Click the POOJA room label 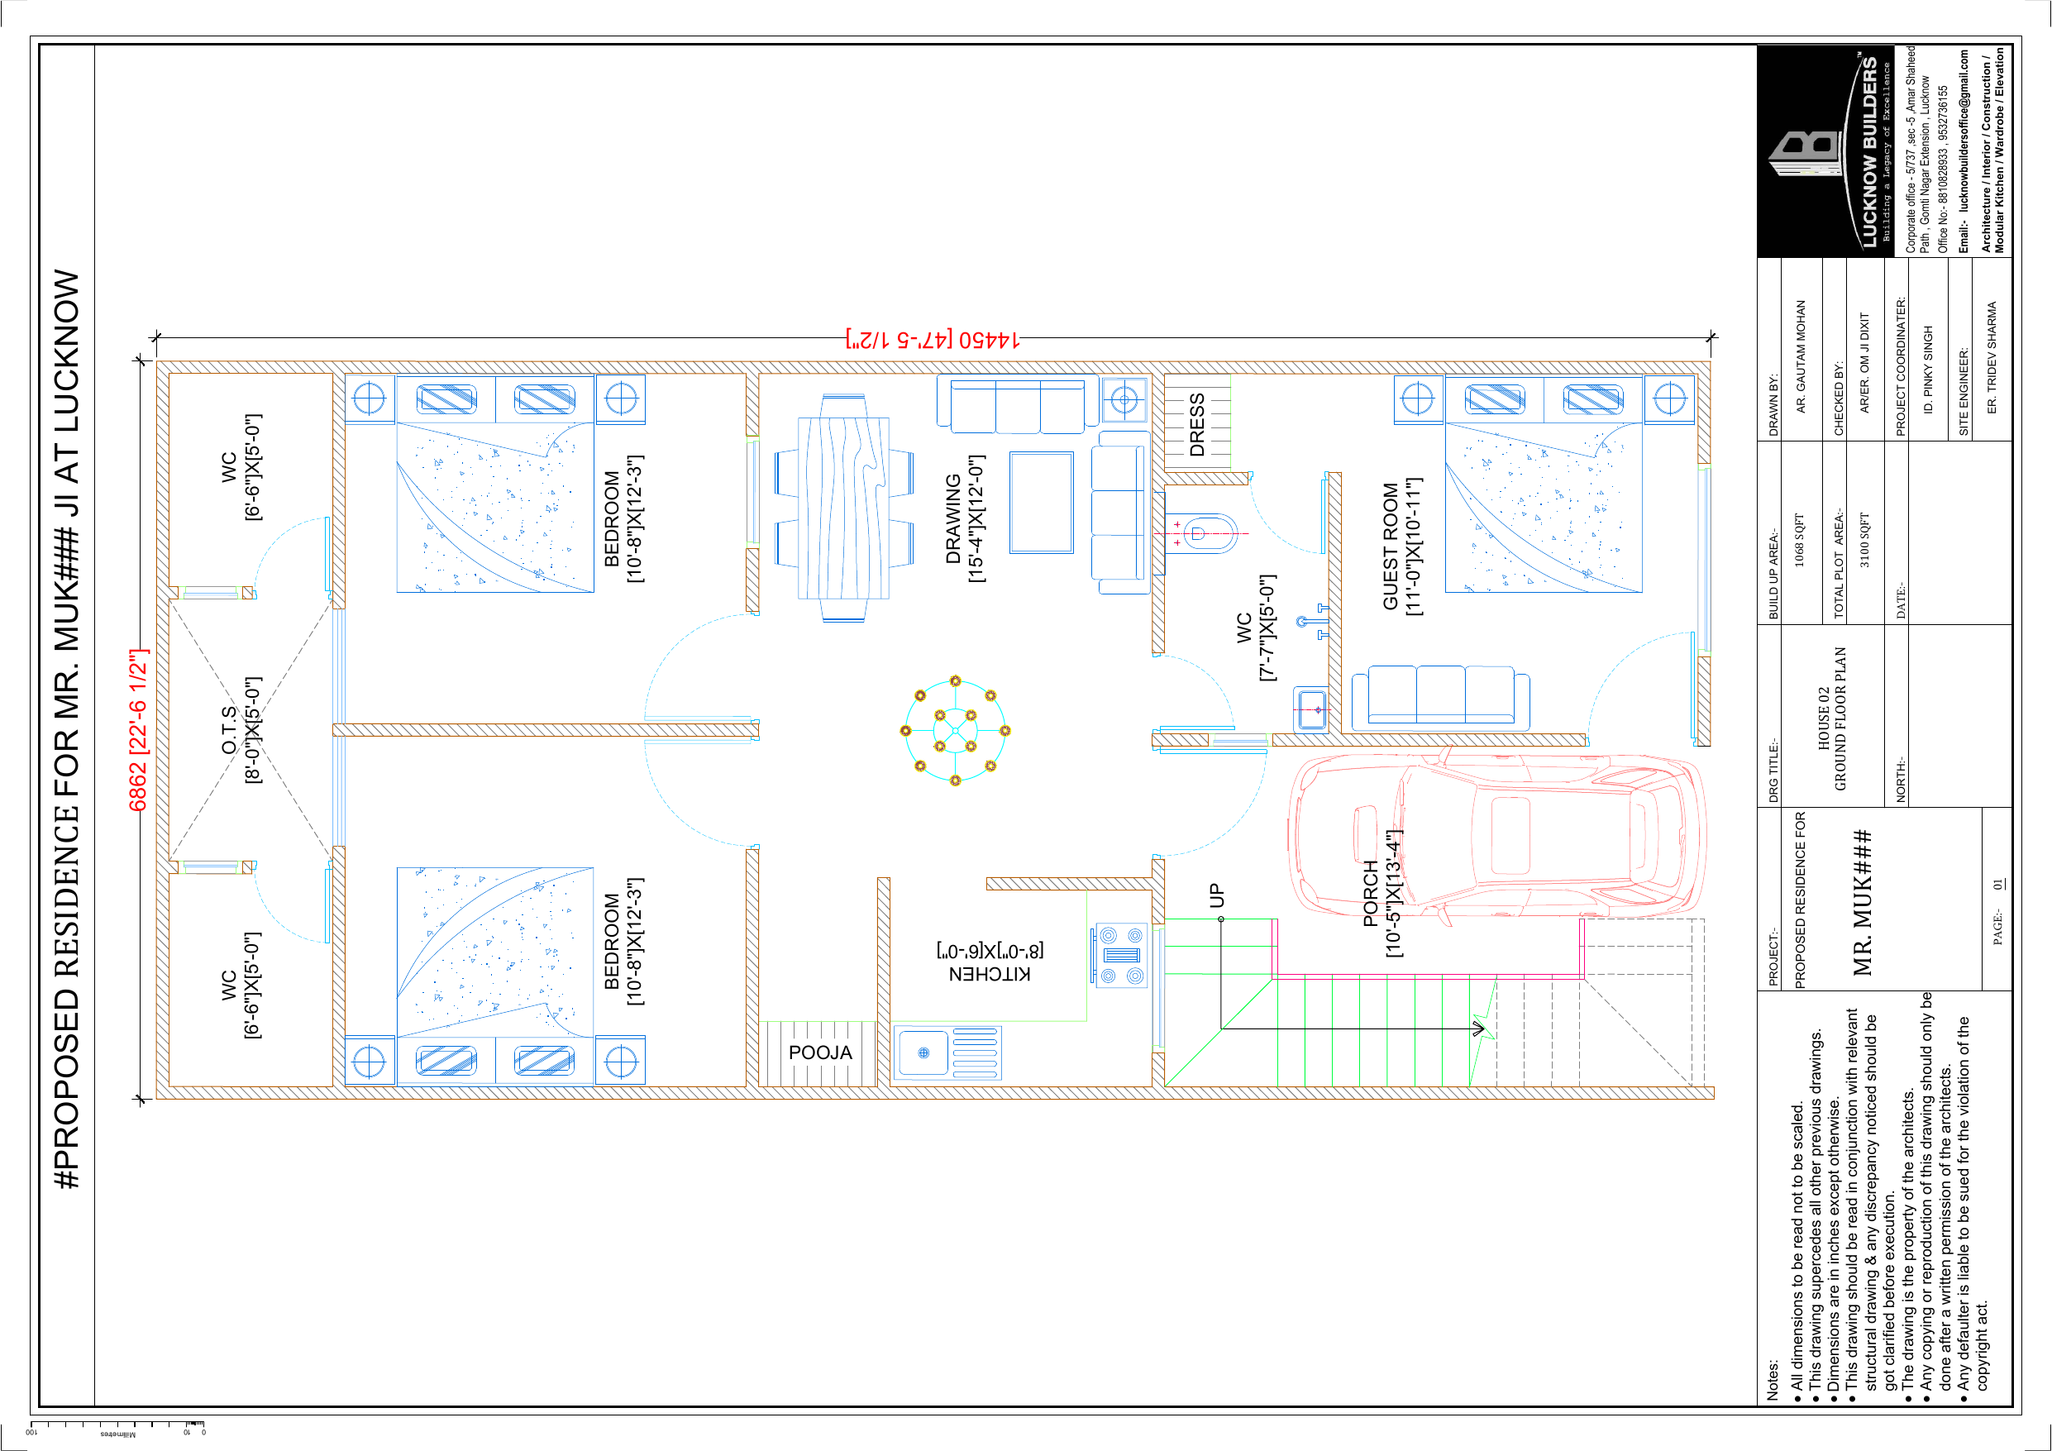pos(820,1052)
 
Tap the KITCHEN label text pos(990,975)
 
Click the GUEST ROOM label pos(1391,547)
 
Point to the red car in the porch pos(1497,836)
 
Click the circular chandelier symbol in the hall pos(956,730)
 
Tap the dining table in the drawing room pos(843,508)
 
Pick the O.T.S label pos(230,729)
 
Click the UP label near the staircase pos(1216,895)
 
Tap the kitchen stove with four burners pos(1121,956)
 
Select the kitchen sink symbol pos(947,1053)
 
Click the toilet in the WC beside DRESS pos(1202,534)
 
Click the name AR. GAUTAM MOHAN pos(1801,356)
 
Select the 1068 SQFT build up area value pos(1800,540)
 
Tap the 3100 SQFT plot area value pos(1864,540)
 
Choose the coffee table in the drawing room pos(1041,503)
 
